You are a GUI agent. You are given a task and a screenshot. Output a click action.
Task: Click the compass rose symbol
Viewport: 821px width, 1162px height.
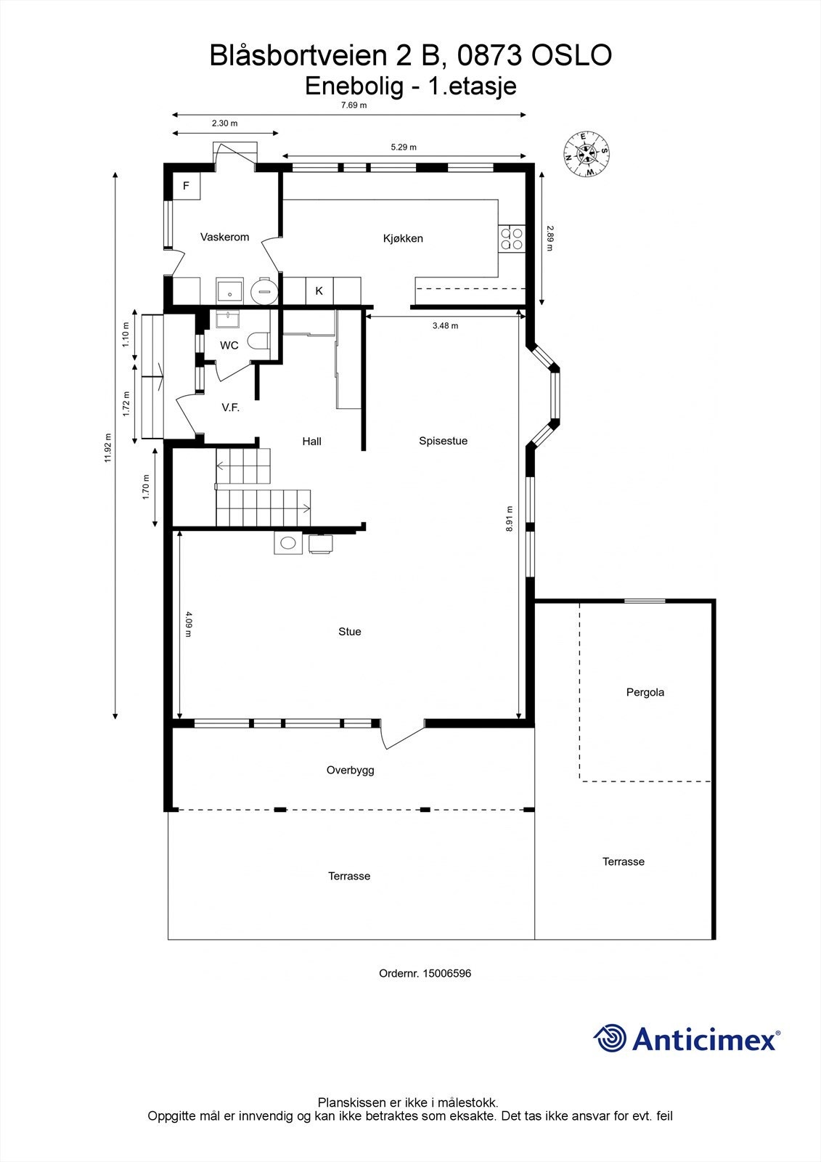(587, 153)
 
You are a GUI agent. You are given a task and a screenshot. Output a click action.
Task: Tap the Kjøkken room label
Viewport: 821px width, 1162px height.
(403, 238)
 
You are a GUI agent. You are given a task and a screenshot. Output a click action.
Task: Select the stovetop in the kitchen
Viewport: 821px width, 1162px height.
(511, 239)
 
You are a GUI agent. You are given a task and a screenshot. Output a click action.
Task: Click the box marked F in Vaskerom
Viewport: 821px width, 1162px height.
(186, 186)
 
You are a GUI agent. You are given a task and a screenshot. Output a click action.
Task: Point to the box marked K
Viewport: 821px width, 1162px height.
(319, 290)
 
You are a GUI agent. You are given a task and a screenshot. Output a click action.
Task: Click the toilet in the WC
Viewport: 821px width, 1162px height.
(258, 340)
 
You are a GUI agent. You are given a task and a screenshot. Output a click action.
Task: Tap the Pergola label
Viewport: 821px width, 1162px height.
(645, 692)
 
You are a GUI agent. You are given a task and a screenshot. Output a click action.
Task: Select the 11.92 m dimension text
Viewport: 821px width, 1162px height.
(108, 447)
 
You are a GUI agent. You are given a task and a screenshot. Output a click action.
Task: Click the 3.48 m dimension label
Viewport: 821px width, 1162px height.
(445, 326)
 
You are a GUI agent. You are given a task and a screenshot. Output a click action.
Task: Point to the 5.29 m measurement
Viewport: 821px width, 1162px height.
(404, 147)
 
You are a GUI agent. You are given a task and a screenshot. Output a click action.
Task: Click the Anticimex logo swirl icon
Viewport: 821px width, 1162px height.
(610, 1038)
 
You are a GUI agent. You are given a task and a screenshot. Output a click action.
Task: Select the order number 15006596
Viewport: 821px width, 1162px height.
(446, 973)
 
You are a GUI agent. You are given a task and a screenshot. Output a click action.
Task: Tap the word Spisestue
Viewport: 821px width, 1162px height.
(443, 441)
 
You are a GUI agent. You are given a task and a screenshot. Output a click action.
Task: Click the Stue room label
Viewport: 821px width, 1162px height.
(349, 632)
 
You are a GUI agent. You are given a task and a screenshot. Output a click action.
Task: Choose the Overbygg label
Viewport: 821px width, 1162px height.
(350, 770)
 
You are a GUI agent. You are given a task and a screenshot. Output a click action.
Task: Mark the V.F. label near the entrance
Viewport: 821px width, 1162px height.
(231, 408)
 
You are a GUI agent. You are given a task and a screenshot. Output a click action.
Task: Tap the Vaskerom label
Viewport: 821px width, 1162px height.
(224, 237)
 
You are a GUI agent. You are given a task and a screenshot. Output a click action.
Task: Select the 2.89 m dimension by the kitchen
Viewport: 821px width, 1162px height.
(550, 238)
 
